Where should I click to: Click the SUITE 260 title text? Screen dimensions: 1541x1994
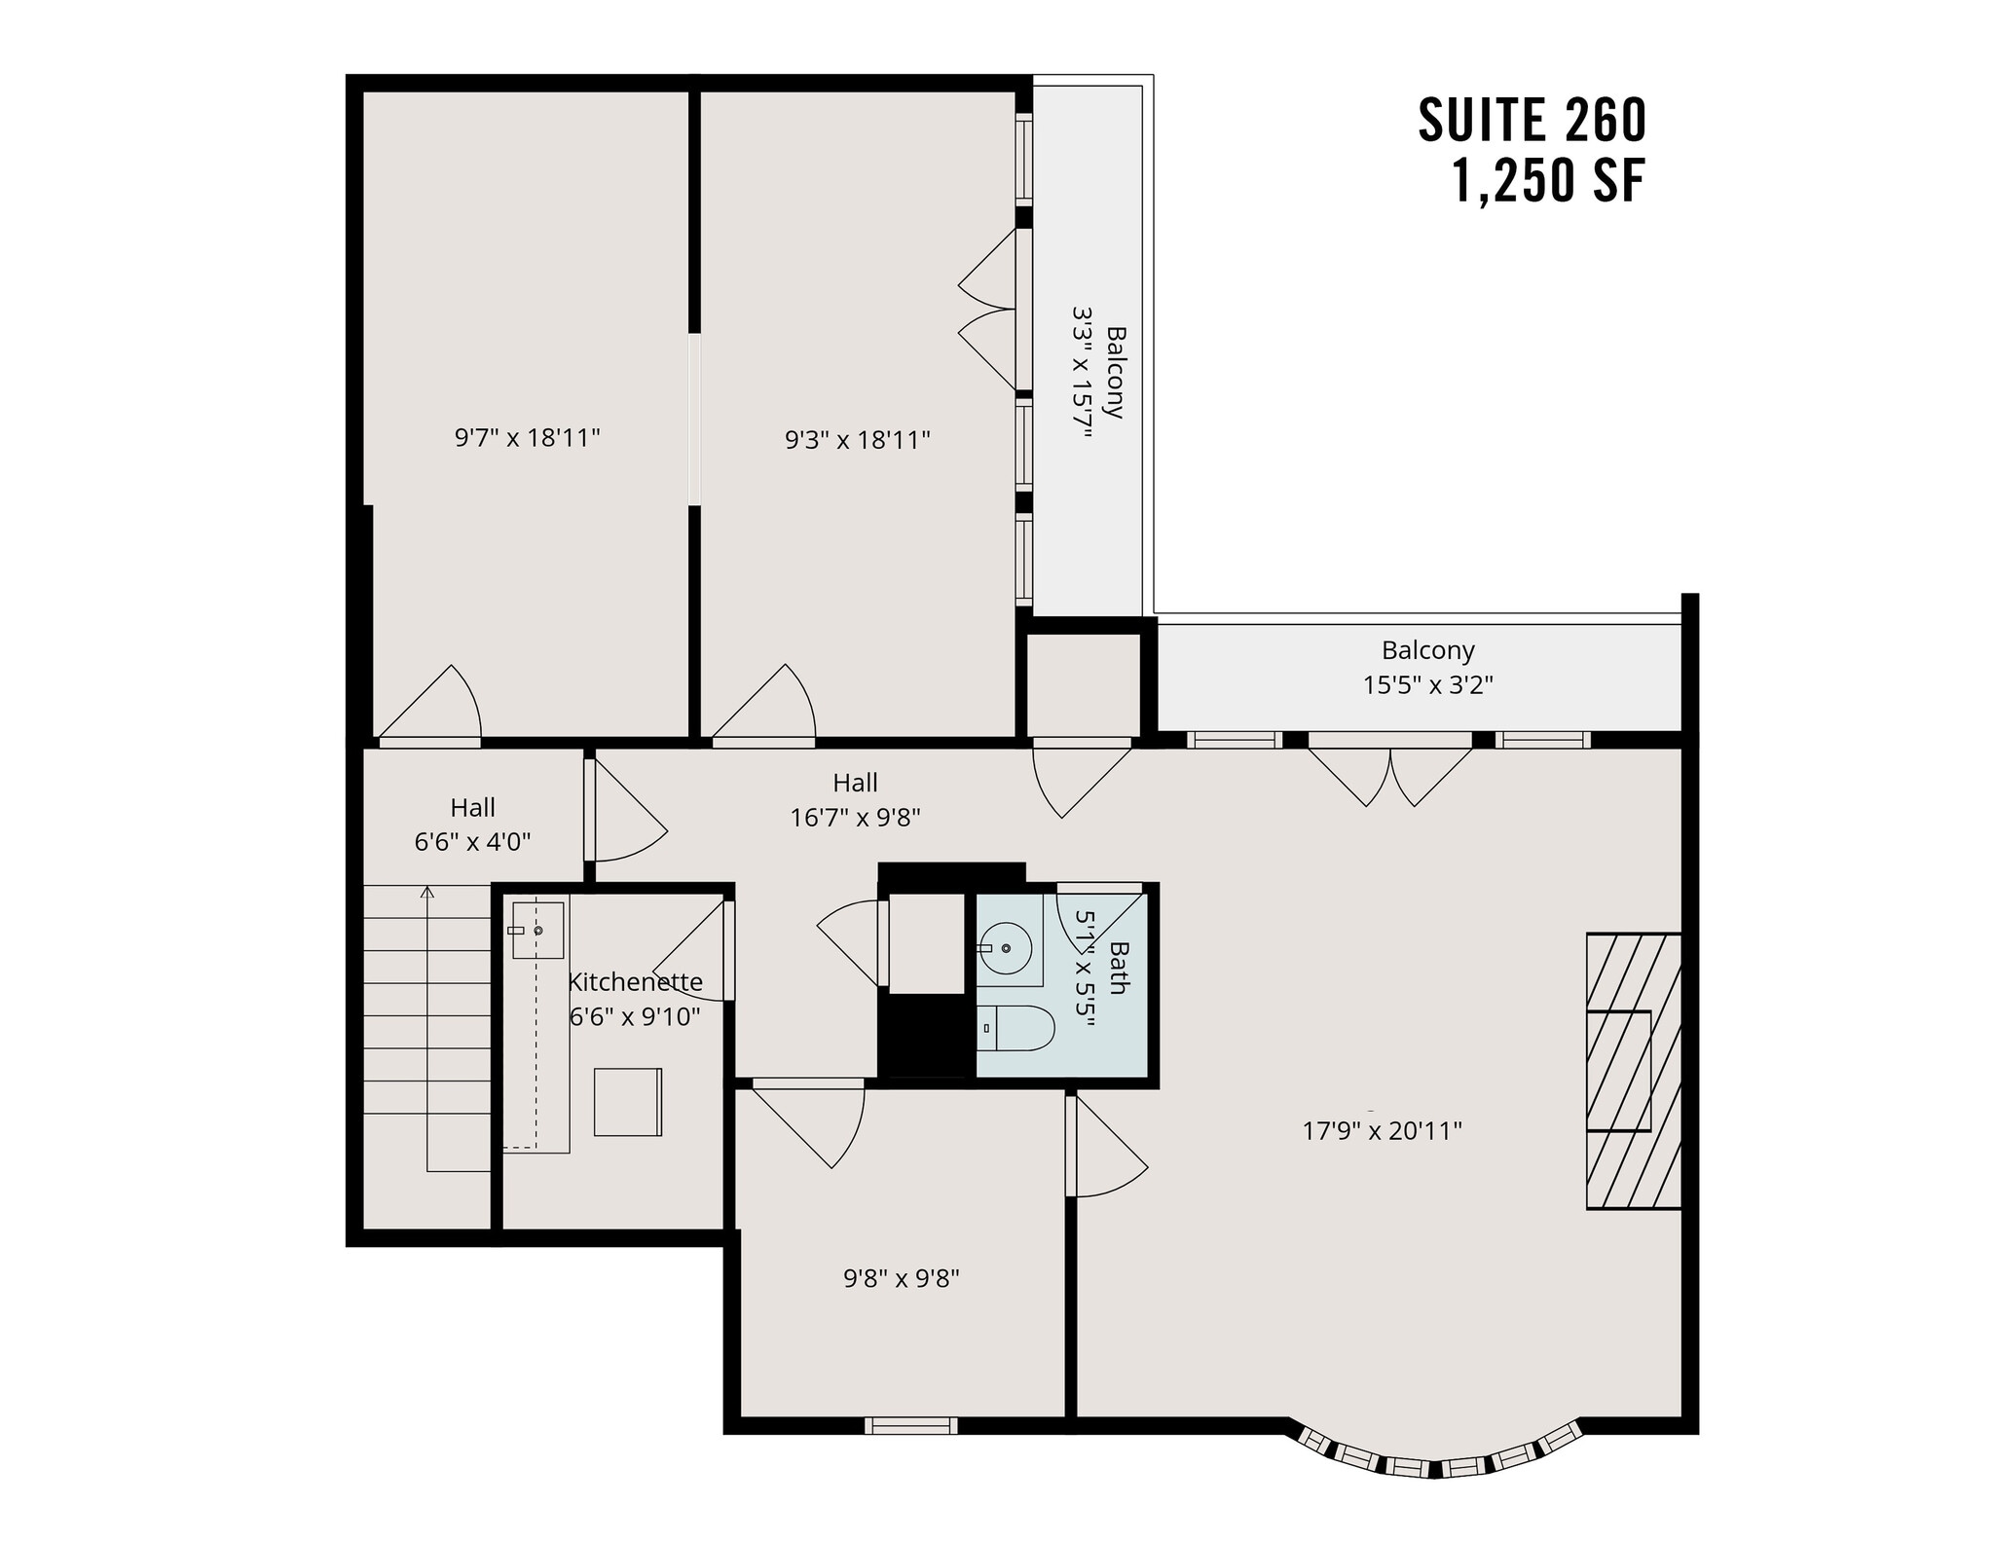[x=1532, y=121]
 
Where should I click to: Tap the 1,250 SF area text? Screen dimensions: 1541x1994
[x=1548, y=181]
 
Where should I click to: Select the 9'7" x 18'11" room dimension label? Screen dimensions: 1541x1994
[x=527, y=438]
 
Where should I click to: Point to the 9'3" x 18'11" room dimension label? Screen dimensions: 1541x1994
[x=858, y=440]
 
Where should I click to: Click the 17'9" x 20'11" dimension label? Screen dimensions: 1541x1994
[x=1383, y=1130]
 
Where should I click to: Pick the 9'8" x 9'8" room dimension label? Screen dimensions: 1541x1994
[x=902, y=1277]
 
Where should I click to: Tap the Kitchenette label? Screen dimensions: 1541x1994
[x=635, y=981]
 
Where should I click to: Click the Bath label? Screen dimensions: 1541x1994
[x=1118, y=968]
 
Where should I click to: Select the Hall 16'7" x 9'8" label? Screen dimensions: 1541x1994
[x=855, y=799]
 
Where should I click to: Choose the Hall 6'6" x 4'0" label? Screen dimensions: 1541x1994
[x=472, y=825]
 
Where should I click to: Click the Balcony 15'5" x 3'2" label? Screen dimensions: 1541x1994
[x=1427, y=667]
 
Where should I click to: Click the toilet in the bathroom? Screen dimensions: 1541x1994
[x=1016, y=1029]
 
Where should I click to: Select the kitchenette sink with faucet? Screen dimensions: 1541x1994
[x=536, y=931]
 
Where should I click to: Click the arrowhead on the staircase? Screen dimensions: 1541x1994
[x=426, y=891]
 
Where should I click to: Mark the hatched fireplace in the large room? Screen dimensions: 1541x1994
[x=1633, y=1071]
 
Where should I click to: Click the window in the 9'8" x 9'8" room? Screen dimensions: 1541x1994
[x=911, y=1426]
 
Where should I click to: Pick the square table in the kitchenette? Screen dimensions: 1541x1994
[x=628, y=1102]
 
